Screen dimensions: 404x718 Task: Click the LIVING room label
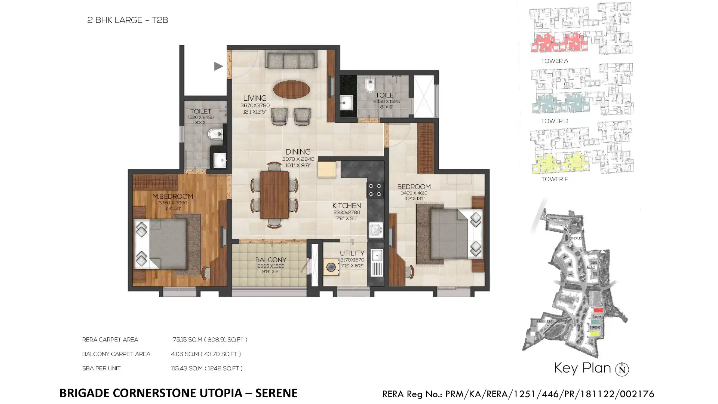point(255,98)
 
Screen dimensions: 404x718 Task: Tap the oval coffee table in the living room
point(291,89)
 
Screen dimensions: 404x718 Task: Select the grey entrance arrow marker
point(218,66)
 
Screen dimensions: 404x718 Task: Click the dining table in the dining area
point(274,195)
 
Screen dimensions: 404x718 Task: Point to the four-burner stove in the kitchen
point(375,190)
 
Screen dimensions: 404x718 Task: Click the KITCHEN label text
point(346,206)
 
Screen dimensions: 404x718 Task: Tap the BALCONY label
point(270,260)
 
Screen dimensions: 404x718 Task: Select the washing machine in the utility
point(331,267)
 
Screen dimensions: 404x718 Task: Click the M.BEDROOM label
point(172,196)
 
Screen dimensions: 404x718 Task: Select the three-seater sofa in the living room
point(291,60)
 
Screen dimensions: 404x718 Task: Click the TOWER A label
point(554,61)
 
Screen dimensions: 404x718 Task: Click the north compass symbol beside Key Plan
point(622,369)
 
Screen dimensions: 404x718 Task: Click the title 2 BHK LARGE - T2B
point(128,20)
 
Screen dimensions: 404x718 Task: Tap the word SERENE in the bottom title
point(276,393)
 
